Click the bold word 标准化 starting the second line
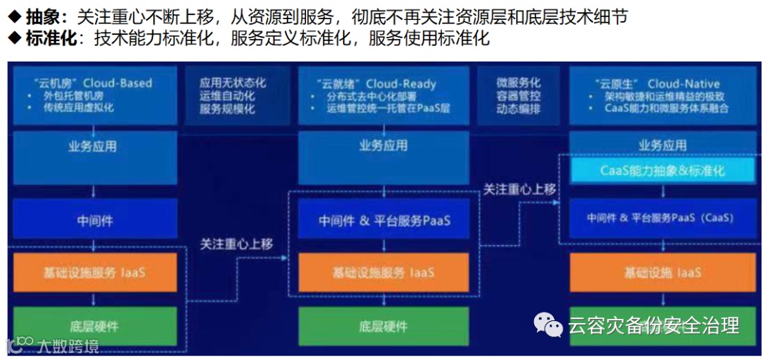[51, 38]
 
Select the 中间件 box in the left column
[95, 220]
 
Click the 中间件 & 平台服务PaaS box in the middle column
[383, 221]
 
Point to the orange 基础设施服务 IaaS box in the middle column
[383, 273]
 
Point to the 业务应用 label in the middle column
[383, 146]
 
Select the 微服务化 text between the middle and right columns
[518, 83]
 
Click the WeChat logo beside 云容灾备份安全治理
[548, 325]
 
